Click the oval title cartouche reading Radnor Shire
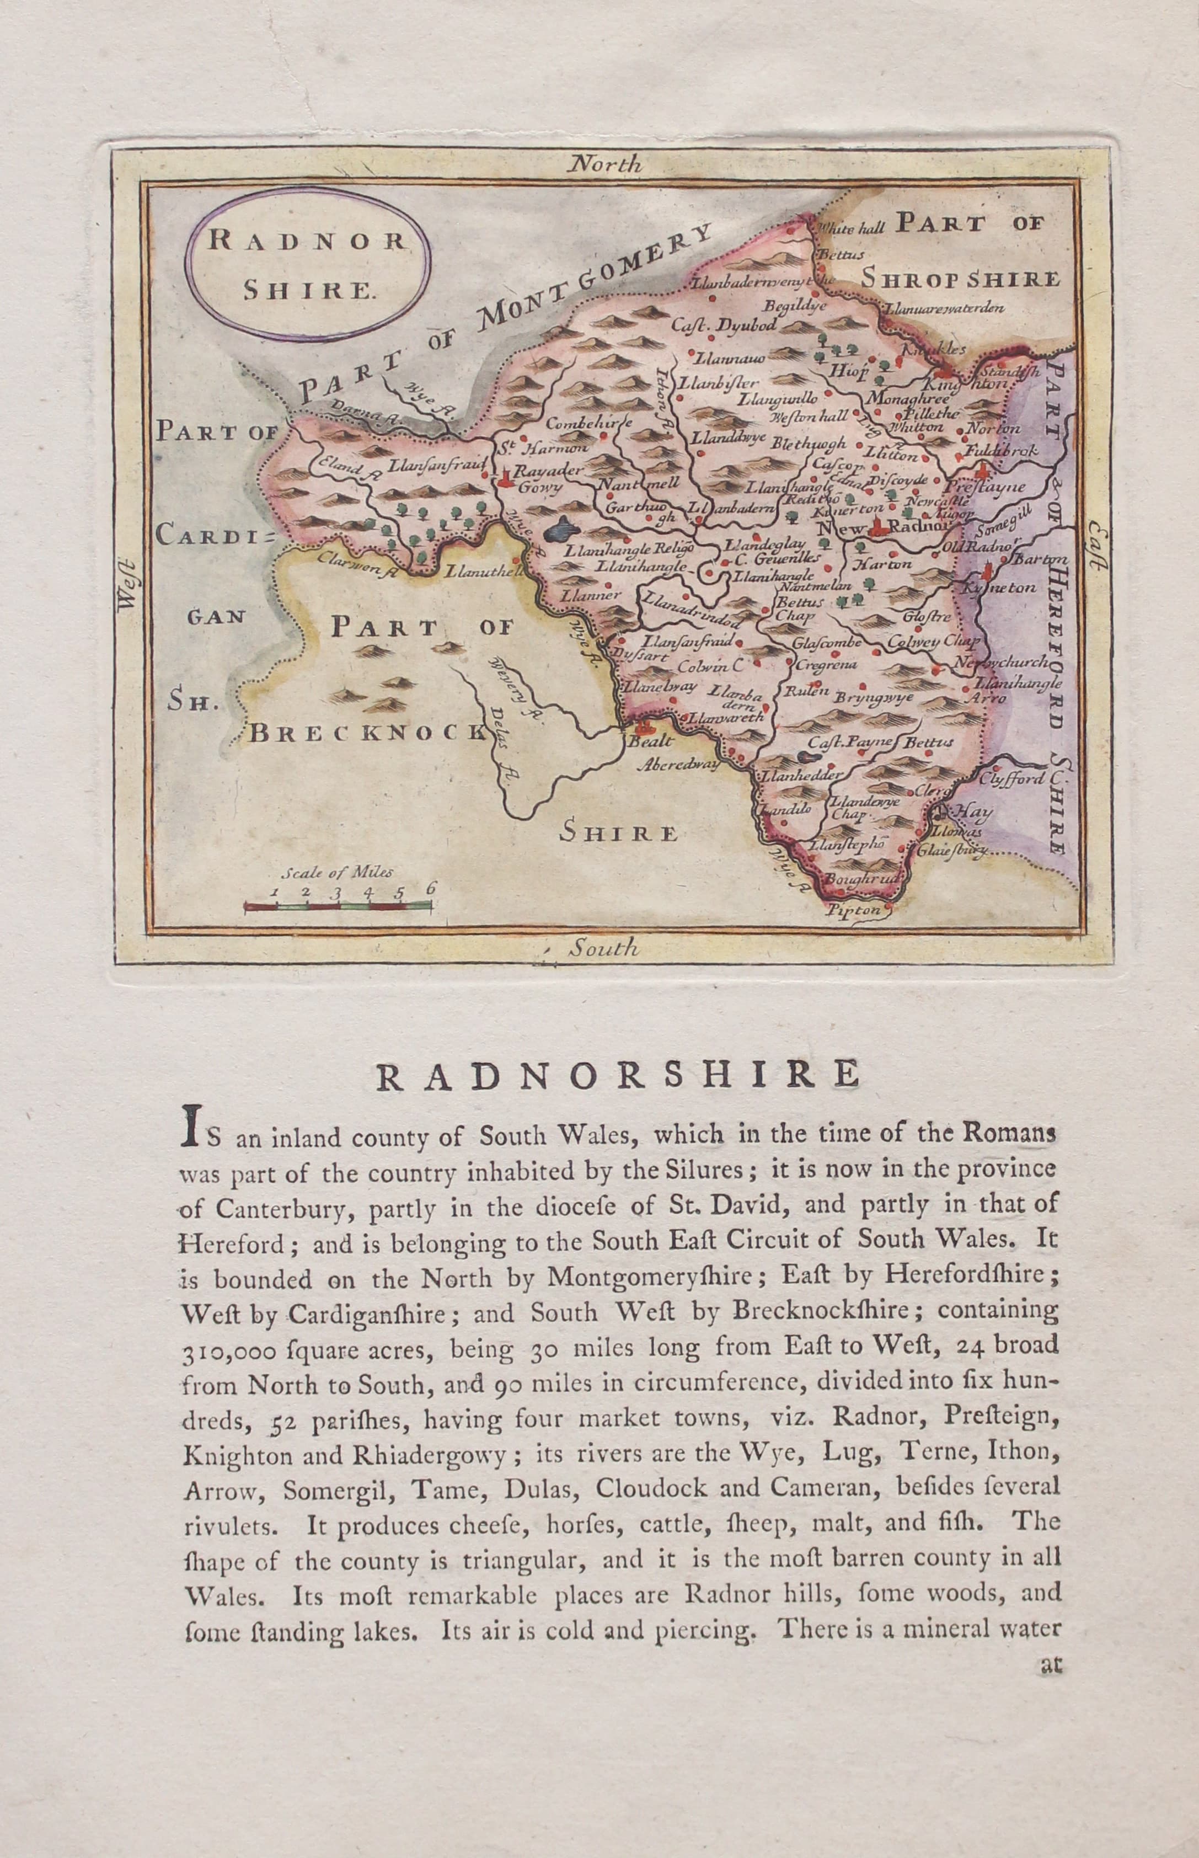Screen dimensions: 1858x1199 [x=307, y=265]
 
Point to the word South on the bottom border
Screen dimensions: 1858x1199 [x=603, y=948]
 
